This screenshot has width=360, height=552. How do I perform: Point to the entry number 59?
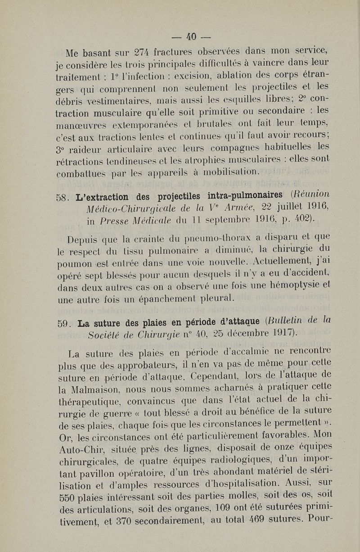pyautogui.click(x=64, y=322)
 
